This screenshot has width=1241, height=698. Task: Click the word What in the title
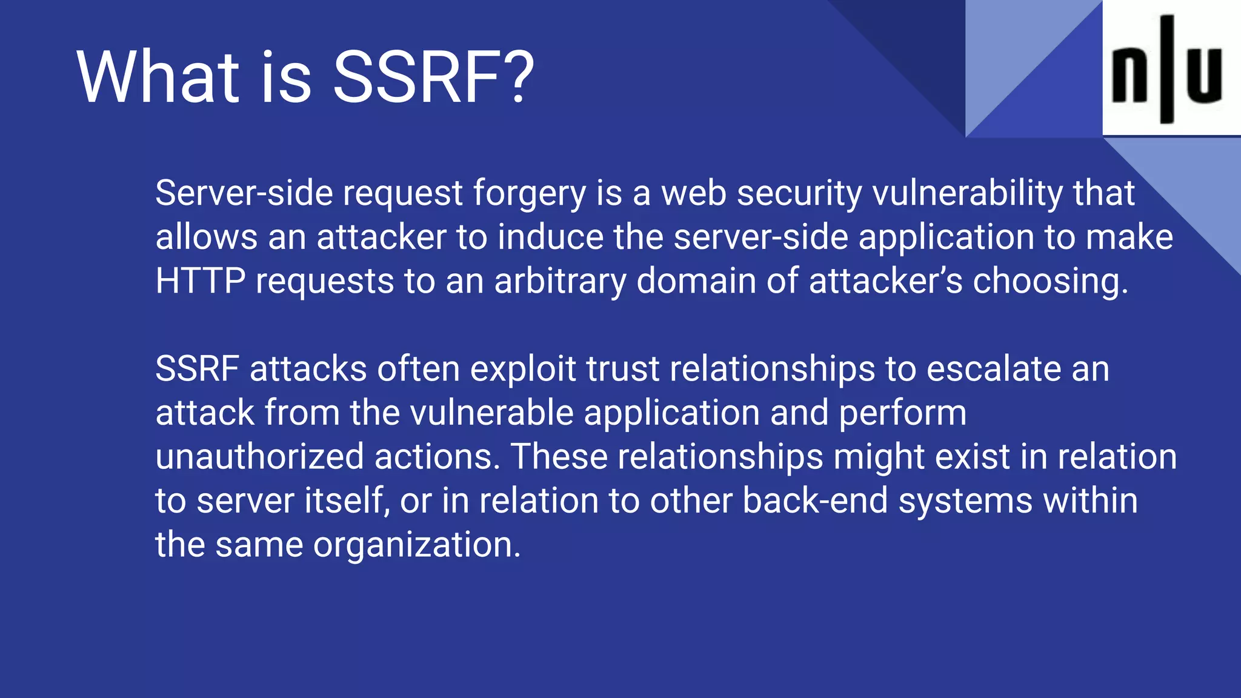tap(158, 78)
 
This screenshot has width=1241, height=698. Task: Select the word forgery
tap(529, 194)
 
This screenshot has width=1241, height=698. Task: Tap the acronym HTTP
tap(200, 281)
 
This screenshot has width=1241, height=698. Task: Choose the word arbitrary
tap(560, 282)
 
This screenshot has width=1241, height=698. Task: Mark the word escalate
tap(994, 369)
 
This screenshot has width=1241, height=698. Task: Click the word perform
tap(902, 414)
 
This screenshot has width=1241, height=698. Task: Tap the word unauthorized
tap(259, 457)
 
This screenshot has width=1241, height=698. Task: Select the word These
tap(559, 457)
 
